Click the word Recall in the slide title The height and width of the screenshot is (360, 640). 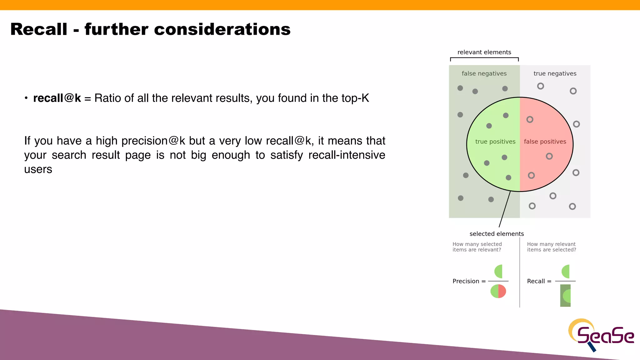click(x=39, y=29)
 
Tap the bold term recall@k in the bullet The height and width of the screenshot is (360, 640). click(x=57, y=98)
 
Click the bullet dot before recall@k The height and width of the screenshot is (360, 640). click(x=26, y=98)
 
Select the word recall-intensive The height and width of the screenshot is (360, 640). click(x=347, y=155)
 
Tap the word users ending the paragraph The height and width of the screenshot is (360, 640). click(x=38, y=169)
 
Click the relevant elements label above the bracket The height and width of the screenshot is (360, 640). click(x=484, y=52)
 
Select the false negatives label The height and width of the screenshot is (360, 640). click(x=484, y=73)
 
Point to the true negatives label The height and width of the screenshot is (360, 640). click(x=555, y=73)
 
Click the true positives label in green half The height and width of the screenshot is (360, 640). click(x=495, y=142)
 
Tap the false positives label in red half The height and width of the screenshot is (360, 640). click(x=545, y=142)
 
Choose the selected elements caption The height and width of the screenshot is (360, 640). click(x=497, y=234)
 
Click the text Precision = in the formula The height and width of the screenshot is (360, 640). click(x=469, y=281)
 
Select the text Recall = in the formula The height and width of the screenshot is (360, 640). click(x=539, y=281)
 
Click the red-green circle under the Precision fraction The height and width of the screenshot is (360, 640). click(x=498, y=291)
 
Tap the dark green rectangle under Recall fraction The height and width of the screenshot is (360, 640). click(x=565, y=296)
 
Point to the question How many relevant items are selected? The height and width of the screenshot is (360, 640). click(x=552, y=247)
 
